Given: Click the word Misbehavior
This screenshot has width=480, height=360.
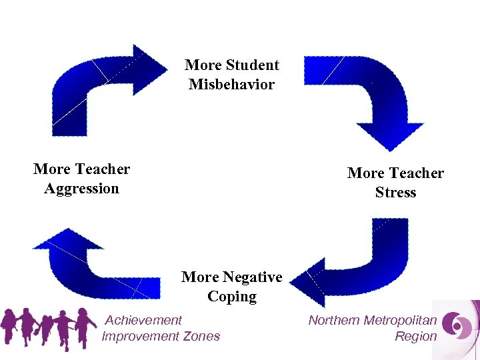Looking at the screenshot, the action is tap(231, 85).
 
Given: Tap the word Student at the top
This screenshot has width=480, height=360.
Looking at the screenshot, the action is tap(253, 65).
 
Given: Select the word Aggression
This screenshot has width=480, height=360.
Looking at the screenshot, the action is tap(81, 189).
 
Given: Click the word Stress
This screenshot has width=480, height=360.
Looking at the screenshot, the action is tap(395, 193).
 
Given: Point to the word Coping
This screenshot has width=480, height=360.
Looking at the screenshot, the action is tap(231, 296).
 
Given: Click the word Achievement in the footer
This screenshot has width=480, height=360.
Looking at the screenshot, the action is tap(143, 321).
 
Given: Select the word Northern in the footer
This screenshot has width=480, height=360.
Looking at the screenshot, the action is tap(333, 321).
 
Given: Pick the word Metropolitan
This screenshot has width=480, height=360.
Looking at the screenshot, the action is tap(400, 321).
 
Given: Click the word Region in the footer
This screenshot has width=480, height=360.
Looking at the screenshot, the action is tap(415, 336).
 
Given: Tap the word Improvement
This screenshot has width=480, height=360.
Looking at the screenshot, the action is tap(141, 336).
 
